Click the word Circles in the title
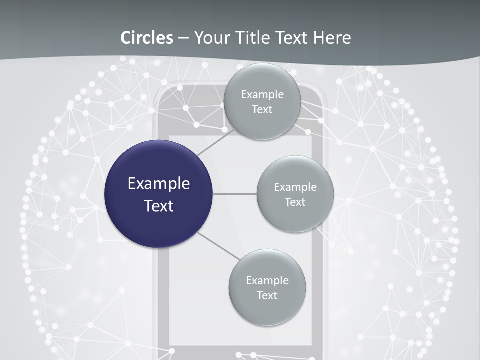[x=147, y=38]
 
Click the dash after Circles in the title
[x=183, y=38]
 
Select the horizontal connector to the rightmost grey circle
[x=235, y=194]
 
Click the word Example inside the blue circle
[x=159, y=184]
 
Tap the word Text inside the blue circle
[x=159, y=206]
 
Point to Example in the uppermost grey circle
[x=262, y=94]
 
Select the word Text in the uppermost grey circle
[x=262, y=109]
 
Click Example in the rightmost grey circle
[x=295, y=187]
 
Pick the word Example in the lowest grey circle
[x=267, y=280]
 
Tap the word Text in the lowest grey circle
[x=267, y=295]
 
